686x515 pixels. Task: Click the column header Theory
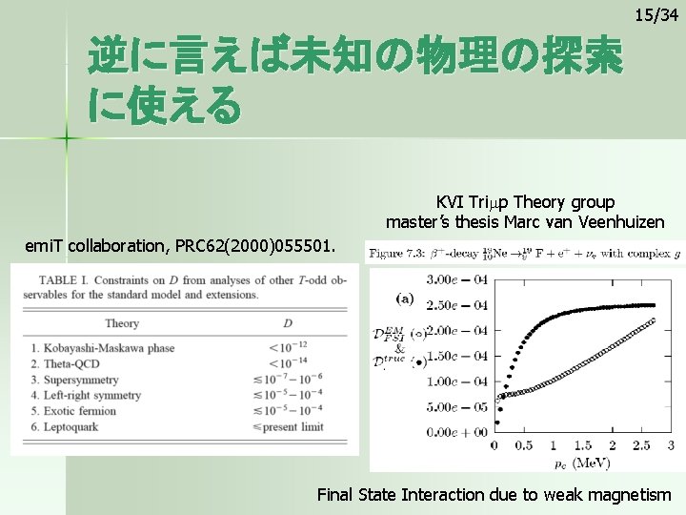click(122, 322)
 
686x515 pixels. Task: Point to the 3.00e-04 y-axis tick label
click(456, 279)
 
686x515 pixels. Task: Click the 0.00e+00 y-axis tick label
click(456, 431)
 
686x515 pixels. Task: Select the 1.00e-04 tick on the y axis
click(456, 381)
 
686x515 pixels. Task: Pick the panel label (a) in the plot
click(405, 299)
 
